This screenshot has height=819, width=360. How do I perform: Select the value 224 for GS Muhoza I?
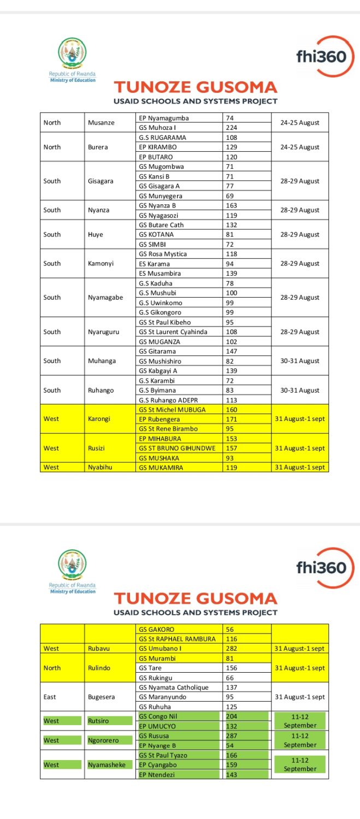232,128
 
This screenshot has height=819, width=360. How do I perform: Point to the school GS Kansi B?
155,176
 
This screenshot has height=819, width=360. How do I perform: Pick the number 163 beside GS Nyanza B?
232,205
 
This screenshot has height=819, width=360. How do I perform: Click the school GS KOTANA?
157,234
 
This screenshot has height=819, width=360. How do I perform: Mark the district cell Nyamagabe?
105,298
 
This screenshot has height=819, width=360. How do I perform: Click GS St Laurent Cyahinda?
173,332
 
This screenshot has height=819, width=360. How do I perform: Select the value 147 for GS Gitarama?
232,352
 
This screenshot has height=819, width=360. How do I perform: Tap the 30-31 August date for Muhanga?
300,361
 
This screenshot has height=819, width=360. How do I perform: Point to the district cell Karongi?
100,419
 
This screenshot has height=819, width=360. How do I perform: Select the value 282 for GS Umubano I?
232,649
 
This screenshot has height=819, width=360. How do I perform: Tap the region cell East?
50,697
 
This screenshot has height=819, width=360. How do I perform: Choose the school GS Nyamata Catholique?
174,687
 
